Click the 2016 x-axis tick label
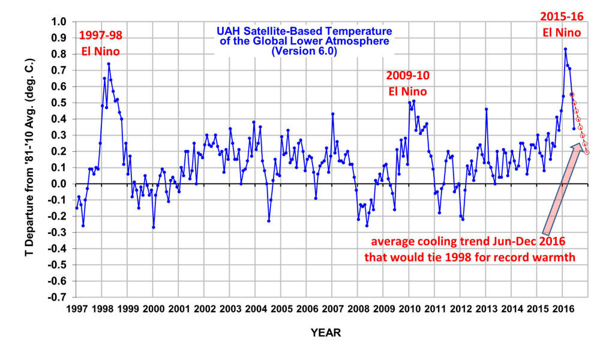pos(562,309)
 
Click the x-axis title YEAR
pos(326,332)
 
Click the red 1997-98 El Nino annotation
pos(100,44)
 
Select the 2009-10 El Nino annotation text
pos(408,84)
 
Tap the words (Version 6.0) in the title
pos(304,52)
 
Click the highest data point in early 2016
pos(565,49)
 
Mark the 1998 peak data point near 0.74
pos(109,64)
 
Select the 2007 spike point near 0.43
pos(332,114)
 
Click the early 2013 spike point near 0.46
pos(486,109)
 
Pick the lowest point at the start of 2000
pos(154,227)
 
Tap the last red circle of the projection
pos(587,152)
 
